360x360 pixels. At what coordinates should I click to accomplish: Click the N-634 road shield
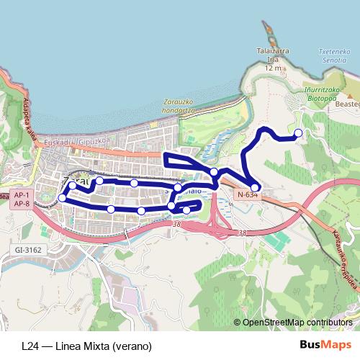(246, 194)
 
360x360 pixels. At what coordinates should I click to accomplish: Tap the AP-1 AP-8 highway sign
(21, 199)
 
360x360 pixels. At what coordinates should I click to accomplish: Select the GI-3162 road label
(27, 249)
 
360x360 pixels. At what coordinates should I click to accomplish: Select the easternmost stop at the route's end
(298, 132)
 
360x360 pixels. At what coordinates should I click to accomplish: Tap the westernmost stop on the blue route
(63, 198)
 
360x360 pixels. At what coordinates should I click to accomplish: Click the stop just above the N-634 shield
(255, 187)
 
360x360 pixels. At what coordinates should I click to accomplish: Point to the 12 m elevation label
(273, 68)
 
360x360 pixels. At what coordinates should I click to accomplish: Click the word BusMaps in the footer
(320, 345)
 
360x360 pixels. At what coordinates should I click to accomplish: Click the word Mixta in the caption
(95, 346)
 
